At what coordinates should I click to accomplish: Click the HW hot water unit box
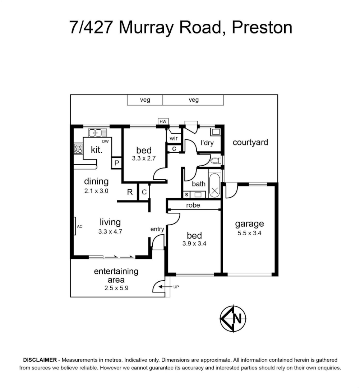point(163,121)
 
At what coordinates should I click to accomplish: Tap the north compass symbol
point(233,318)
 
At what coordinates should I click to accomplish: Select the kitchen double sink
point(98,133)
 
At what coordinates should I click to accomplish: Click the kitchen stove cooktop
point(78,149)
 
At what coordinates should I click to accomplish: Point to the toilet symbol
point(216,161)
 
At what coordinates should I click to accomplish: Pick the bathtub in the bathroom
point(214,185)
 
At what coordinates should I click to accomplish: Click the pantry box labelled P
point(116,163)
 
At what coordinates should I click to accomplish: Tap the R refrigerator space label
point(130,192)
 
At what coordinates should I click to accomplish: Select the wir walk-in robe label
point(174,138)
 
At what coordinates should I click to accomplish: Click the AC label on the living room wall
point(80,226)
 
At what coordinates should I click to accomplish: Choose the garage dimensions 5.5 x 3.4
point(249,233)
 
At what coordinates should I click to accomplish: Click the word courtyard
point(250,143)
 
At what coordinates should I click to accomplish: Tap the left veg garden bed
point(145,100)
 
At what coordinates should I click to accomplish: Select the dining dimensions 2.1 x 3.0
point(96,191)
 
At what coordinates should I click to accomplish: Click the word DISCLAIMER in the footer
point(40,360)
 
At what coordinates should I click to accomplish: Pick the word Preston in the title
point(262,27)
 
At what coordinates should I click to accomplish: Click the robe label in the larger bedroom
point(193,205)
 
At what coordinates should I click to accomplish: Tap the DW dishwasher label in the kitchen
point(105,142)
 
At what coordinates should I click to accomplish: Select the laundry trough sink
point(216,132)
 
